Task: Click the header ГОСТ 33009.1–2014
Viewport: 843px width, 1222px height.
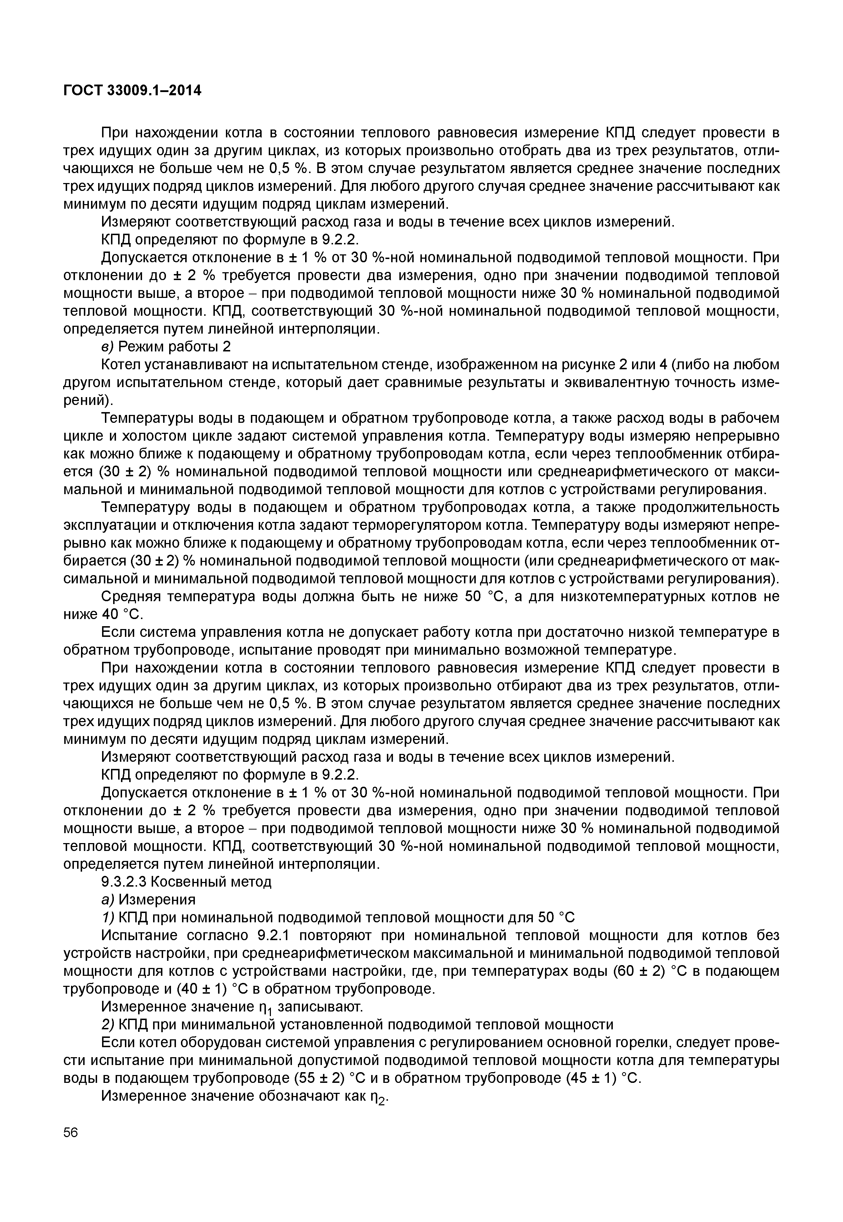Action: click(132, 91)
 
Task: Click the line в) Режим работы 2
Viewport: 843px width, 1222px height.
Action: click(166, 346)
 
